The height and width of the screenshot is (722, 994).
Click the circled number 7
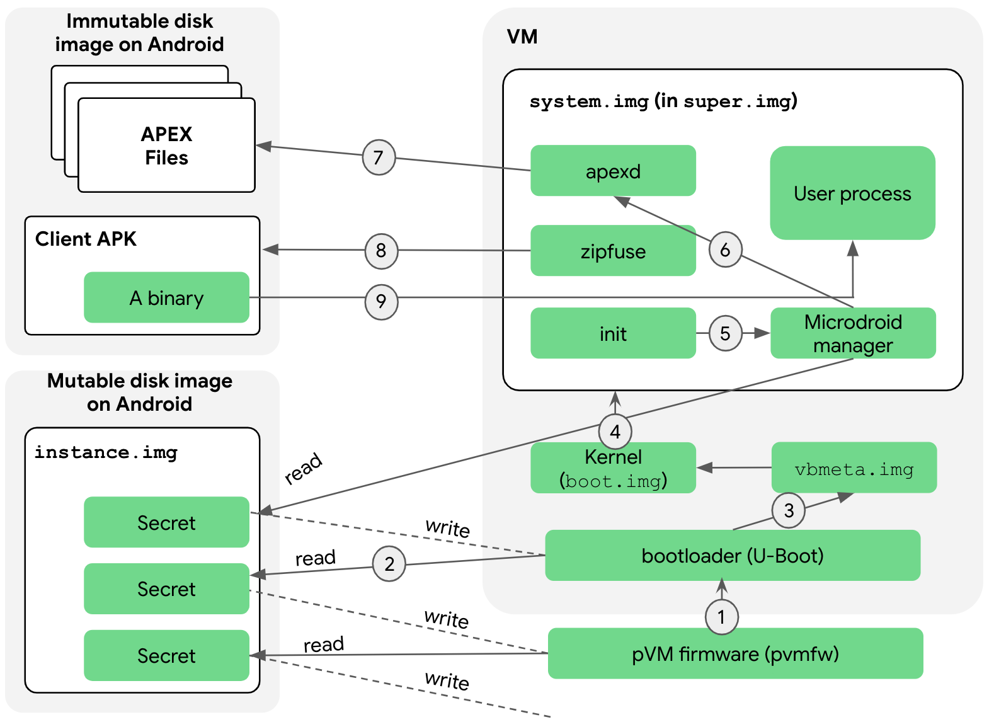pos(379,158)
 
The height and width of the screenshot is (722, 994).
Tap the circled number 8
pos(381,251)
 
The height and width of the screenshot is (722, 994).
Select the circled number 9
pos(381,302)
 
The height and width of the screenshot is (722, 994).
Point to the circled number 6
pos(725,250)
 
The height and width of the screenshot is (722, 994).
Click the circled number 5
pos(725,333)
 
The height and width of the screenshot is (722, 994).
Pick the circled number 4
pos(615,432)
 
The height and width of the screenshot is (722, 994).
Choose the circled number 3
pos(789,510)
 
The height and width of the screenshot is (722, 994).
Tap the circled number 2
pos(389,564)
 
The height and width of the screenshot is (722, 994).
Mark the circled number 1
pos(721,617)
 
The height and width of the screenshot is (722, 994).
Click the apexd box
pos(613,171)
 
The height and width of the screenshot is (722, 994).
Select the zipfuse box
pos(613,251)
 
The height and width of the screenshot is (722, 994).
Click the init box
pos(613,333)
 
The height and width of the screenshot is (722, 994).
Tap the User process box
pos(852,193)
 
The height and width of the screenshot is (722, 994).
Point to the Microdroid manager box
pos(853,333)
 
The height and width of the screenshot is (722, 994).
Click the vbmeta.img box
pos(854,468)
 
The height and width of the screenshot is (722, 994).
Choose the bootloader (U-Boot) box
pos(732,556)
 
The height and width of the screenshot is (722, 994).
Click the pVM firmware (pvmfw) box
pos(735,653)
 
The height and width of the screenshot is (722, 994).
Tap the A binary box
pos(166,297)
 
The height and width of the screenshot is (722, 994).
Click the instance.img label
pos(106,452)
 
